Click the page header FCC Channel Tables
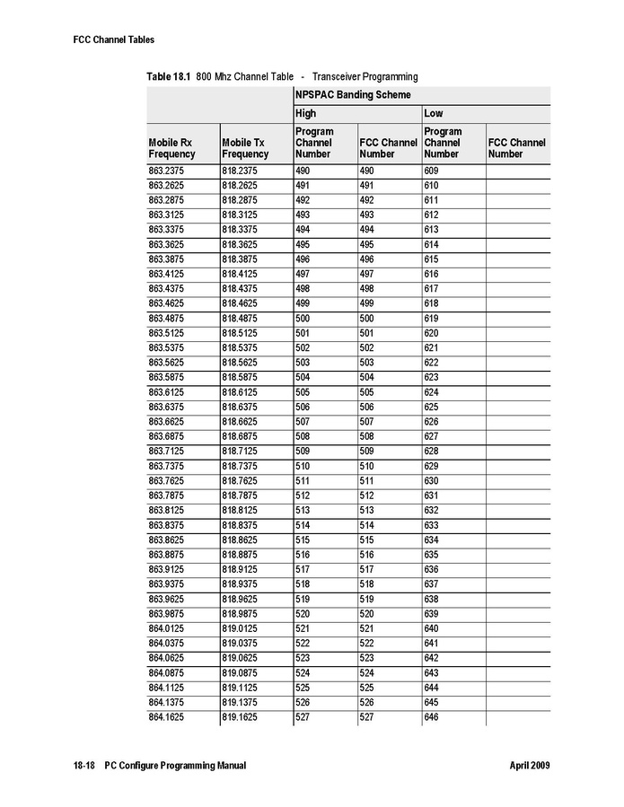tap(114, 39)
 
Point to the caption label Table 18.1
tap(168, 76)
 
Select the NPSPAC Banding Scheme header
tap(353, 95)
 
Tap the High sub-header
tap(306, 114)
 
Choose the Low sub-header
tap(434, 114)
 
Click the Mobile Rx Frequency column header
tap(171, 148)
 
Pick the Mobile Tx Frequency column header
tap(245, 148)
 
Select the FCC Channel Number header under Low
tap(517, 148)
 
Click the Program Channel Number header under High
tap(314, 143)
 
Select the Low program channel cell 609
tap(432, 171)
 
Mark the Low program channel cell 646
tap(432, 718)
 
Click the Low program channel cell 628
tap(432, 452)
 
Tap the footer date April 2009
tap(529, 766)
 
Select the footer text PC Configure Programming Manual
tap(175, 766)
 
